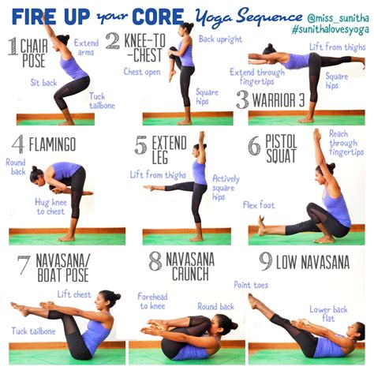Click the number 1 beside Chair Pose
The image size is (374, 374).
point(14,47)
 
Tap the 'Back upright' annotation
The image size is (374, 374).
point(219,39)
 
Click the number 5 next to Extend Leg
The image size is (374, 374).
point(140,146)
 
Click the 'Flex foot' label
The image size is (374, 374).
point(259,204)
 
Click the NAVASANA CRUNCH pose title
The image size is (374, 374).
point(181,267)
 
